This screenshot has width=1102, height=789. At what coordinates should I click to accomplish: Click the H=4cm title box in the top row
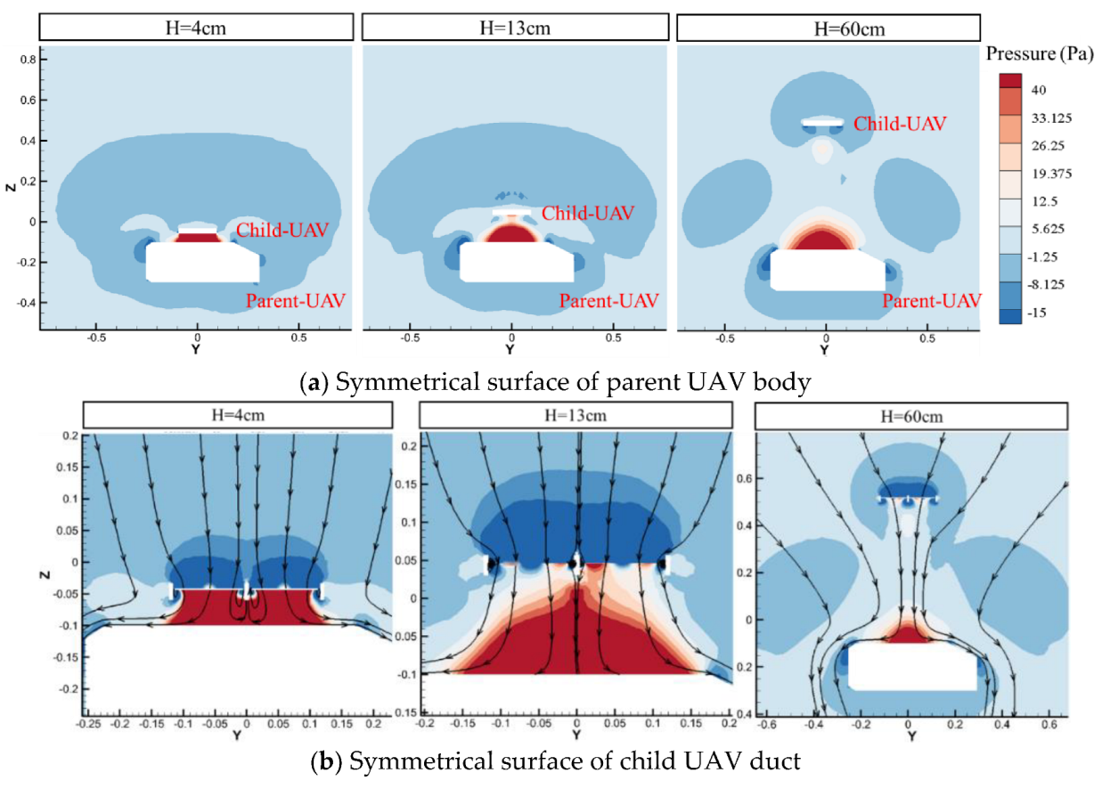tap(197, 28)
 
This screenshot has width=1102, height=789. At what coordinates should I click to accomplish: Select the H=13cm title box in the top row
tap(511, 28)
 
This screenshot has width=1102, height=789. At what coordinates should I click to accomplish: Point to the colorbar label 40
tap(1039, 90)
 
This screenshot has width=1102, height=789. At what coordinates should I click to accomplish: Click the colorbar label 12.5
tap(1045, 201)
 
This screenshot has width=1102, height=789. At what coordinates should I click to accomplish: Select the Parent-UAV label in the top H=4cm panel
tap(295, 300)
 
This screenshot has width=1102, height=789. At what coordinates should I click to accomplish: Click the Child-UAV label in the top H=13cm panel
tap(588, 213)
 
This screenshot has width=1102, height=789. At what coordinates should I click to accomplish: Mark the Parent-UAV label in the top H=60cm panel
tap(932, 300)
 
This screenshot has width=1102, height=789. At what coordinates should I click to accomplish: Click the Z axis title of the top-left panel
tap(10, 191)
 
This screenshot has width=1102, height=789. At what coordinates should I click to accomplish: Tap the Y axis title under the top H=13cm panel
tap(511, 351)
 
